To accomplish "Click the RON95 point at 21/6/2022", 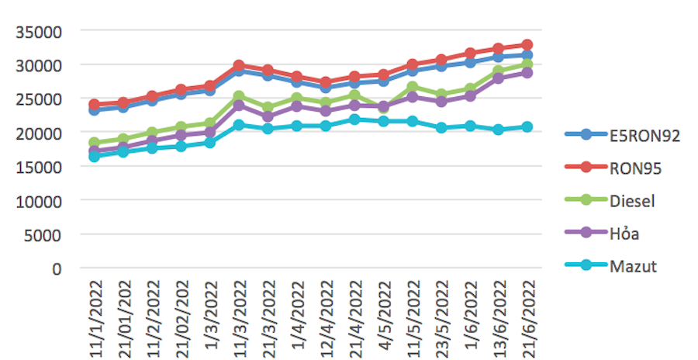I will [x=527, y=45].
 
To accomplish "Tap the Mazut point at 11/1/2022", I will [x=95, y=157].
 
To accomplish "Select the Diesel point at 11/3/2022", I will [x=239, y=97].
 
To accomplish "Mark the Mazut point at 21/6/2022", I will [x=527, y=126].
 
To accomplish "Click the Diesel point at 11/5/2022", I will [x=412, y=87].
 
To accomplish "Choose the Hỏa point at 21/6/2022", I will [x=527, y=73].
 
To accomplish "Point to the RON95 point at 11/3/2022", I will [x=239, y=66].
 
